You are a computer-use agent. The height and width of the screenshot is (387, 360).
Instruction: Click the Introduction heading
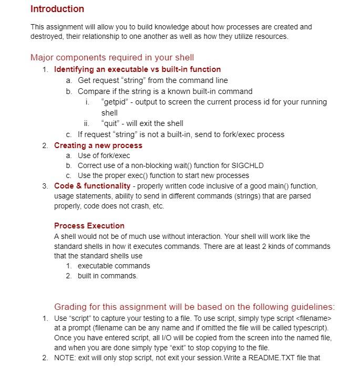(x=57, y=9)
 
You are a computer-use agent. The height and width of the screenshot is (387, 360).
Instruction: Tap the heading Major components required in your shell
(x=112, y=57)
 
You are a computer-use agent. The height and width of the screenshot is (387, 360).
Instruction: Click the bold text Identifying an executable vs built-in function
(x=137, y=69)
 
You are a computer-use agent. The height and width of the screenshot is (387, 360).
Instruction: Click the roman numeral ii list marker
(x=88, y=123)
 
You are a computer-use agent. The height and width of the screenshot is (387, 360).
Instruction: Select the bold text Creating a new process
(x=98, y=145)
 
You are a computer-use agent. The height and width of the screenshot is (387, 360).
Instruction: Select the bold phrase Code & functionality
(x=92, y=186)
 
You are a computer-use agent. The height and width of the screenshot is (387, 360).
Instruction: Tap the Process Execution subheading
(x=89, y=226)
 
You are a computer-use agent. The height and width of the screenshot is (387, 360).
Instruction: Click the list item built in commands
(x=107, y=276)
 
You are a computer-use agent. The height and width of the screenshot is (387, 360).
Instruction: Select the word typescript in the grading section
(x=307, y=328)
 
